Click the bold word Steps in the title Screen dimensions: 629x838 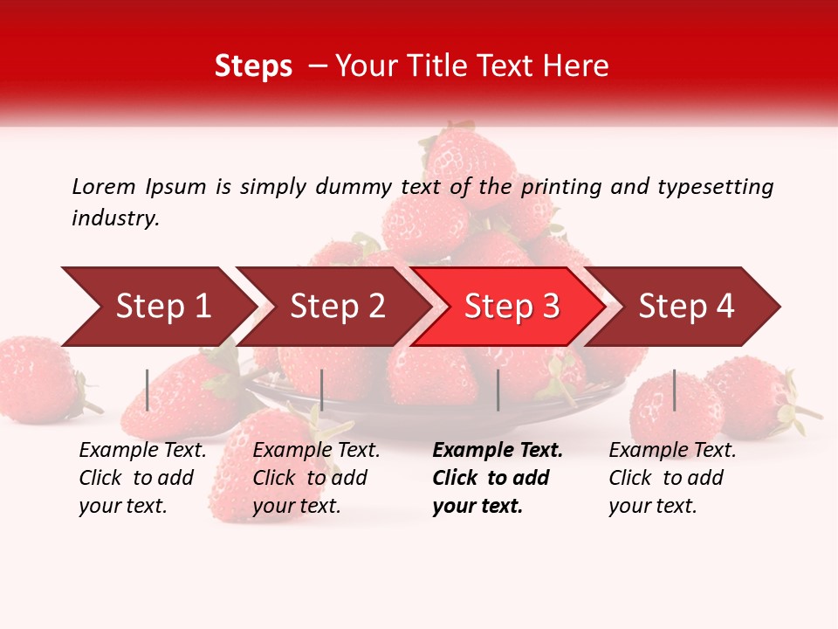(x=253, y=66)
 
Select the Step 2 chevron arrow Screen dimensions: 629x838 (x=337, y=307)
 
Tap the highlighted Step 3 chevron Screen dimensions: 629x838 (x=512, y=307)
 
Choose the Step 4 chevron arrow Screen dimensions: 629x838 (x=686, y=307)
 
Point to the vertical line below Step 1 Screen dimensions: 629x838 (x=148, y=390)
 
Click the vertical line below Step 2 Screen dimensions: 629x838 (x=322, y=390)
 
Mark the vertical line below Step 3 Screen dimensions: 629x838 (x=498, y=390)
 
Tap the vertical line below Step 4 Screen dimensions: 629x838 (x=674, y=390)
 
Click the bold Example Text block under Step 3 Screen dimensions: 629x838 (x=497, y=478)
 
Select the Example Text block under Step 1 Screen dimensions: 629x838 (x=142, y=478)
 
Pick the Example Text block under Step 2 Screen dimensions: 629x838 (x=316, y=478)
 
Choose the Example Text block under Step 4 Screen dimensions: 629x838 (x=672, y=478)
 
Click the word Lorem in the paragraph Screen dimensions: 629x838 (x=104, y=186)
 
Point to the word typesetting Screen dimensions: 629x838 (x=715, y=187)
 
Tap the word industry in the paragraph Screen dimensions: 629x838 (x=115, y=218)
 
